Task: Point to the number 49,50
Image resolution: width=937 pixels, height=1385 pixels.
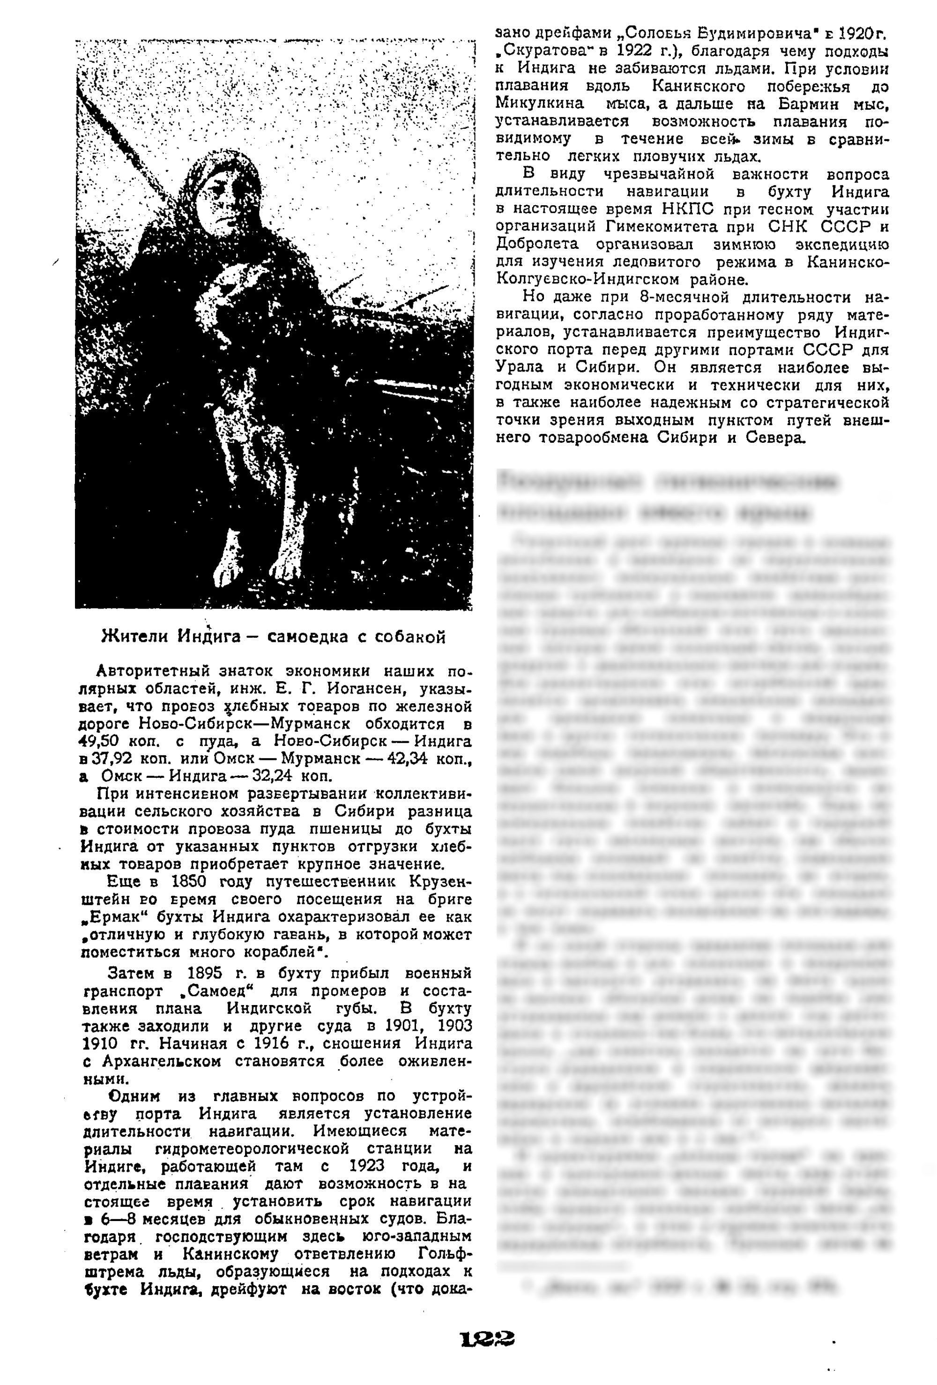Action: pos(101,742)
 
